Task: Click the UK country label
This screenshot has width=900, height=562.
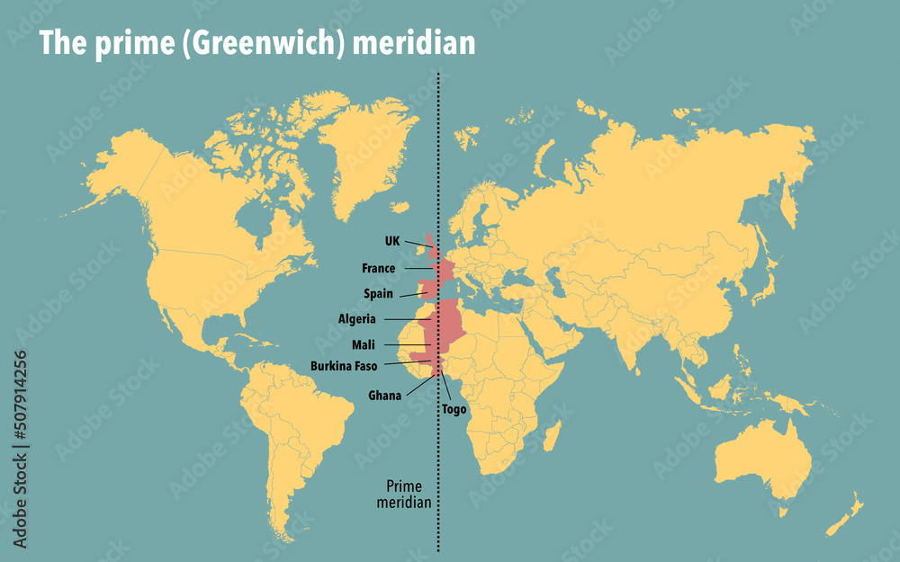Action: tap(391, 241)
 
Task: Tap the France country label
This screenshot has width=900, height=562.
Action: tap(378, 268)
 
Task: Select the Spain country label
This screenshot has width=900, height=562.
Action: tap(378, 293)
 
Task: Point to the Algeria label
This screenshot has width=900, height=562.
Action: tap(357, 318)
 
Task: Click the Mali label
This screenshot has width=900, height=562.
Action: tap(364, 344)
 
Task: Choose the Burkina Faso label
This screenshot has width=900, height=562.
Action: tap(344, 366)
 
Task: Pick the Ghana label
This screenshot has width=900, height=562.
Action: tap(384, 395)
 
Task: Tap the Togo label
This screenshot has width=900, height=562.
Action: tap(454, 409)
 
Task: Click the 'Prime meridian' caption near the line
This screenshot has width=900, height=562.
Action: tap(403, 494)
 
